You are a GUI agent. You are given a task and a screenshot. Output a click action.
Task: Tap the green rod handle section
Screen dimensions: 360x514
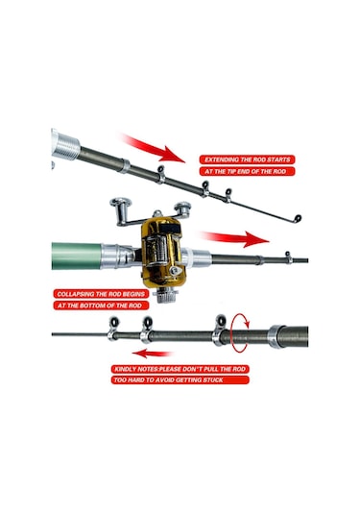tap(77, 256)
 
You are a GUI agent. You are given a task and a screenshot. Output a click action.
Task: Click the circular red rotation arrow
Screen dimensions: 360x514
tap(240, 333)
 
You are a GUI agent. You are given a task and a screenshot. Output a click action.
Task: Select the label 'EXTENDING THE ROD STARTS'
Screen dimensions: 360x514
tap(248, 159)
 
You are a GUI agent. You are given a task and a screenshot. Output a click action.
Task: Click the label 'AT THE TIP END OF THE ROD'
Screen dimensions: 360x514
tap(248, 171)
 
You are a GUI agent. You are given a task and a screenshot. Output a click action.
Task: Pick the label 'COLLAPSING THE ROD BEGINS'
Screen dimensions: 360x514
tap(101, 294)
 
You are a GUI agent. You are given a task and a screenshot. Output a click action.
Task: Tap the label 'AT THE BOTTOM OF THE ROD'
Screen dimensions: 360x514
tap(101, 306)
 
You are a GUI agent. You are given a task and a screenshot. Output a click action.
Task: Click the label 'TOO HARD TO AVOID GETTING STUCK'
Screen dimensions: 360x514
tap(180, 380)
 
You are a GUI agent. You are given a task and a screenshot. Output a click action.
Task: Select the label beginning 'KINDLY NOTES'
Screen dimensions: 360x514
tap(180, 369)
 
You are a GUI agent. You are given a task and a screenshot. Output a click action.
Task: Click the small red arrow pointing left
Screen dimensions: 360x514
tap(153, 354)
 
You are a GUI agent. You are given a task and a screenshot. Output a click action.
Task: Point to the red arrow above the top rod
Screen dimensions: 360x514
tap(152, 148)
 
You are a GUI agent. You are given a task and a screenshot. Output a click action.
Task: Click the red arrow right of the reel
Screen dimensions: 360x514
tap(235, 238)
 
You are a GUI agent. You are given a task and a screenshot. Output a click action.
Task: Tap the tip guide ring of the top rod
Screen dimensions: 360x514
tap(298, 218)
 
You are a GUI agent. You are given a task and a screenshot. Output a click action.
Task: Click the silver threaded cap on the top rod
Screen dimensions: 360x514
tap(66, 145)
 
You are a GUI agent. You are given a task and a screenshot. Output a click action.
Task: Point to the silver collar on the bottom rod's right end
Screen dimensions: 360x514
tap(276, 336)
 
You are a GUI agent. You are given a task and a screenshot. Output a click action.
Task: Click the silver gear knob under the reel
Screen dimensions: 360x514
tap(168, 295)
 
